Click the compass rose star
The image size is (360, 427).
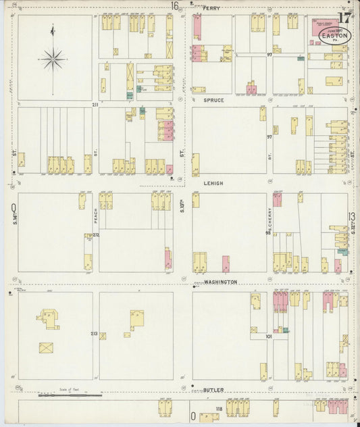tap(53, 59)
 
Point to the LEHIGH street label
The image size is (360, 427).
tap(213, 182)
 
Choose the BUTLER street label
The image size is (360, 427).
tap(213, 390)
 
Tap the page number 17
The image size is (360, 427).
tap(344, 18)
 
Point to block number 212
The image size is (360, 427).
tap(95, 235)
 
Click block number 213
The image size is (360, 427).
tap(94, 334)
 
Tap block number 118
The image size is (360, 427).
tap(219, 409)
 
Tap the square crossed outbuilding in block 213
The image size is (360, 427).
tap(47, 349)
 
